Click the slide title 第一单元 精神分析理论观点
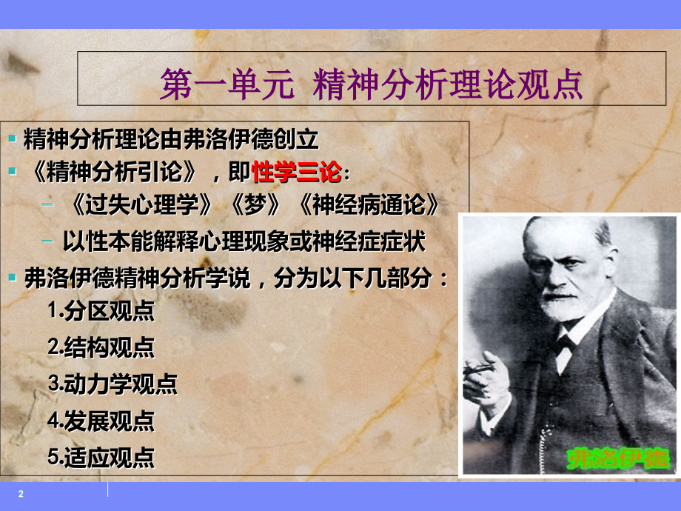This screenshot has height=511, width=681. pos(372,84)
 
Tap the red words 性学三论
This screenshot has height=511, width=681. pos(296,173)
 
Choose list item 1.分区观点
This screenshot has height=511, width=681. pos(101,311)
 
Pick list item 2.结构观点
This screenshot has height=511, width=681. pos(101,347)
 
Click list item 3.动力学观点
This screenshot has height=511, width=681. pos(113,384)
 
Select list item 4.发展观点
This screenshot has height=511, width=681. pos(101,421)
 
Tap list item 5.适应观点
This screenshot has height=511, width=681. pos(101,457)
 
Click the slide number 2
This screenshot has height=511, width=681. pos(21,494)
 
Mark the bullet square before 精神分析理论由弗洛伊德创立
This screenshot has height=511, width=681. pos(13,138)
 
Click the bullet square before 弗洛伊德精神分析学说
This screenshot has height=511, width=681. pos(13,278)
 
